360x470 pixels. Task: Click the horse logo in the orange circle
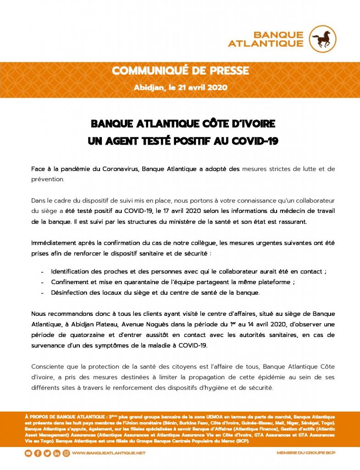[323, 39]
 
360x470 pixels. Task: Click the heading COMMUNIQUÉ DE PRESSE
[180, 71]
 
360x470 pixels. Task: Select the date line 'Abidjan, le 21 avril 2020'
[180, 87]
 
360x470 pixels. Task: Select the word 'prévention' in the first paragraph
[47, 179]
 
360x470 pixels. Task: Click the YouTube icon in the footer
[28, 453]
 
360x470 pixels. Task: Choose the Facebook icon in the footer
[38, 453]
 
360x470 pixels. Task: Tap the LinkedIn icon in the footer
[57, 453]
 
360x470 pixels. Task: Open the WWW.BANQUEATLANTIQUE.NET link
[109, 453]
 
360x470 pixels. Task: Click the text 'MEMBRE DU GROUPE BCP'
[305, 453]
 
